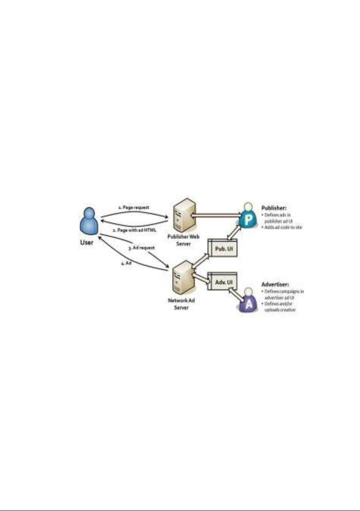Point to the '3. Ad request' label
coord(141,248)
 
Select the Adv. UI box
coord(222,282)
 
